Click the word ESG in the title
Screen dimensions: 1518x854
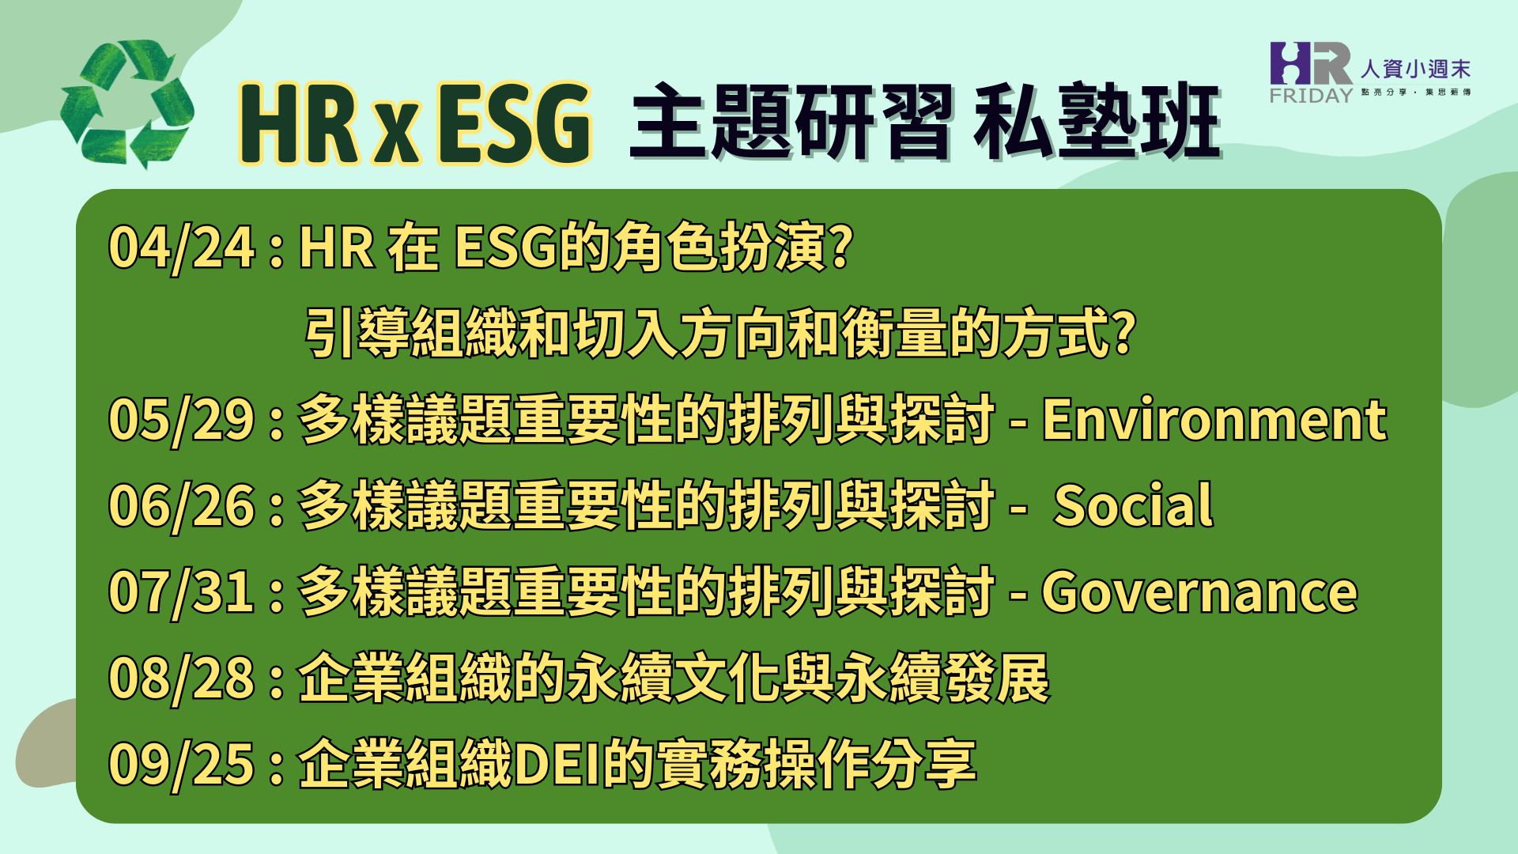[x=514, y=123]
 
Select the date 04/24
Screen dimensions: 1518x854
[x=182, y=248]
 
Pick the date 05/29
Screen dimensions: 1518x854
[x=182, y=419]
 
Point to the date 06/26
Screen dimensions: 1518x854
[x=182, y=506]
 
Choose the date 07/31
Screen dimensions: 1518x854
[x=182, y=592]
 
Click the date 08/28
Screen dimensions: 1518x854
[x=182, y=678]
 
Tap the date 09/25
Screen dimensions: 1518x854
[x=182, y=765]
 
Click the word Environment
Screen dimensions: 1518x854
[x=1214, y=419]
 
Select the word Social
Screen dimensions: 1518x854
[x=1133, y=505]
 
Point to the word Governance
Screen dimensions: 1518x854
[x=1199, y=592]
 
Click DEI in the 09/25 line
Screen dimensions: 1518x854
[x=557, y=765]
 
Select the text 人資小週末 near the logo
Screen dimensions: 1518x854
[x=1415, y=70]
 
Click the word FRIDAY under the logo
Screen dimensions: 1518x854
[x=1312, y=96]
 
